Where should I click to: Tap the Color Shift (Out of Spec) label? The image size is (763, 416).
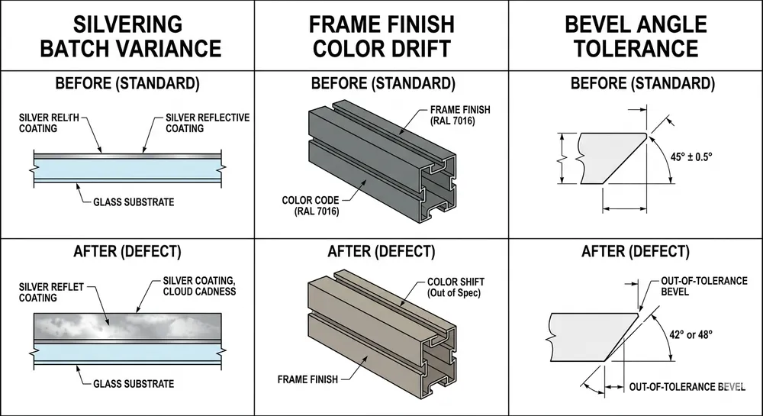[454, 288]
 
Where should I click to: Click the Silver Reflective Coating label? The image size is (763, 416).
[208, 123]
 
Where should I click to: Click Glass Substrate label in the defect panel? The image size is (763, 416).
[135, 383]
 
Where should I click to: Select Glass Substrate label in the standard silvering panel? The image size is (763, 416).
[135, 202]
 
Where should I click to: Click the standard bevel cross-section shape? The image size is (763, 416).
[607, 158]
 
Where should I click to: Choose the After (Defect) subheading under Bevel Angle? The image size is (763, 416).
[636, 251]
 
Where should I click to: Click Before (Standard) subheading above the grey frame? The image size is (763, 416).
[381, 82]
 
